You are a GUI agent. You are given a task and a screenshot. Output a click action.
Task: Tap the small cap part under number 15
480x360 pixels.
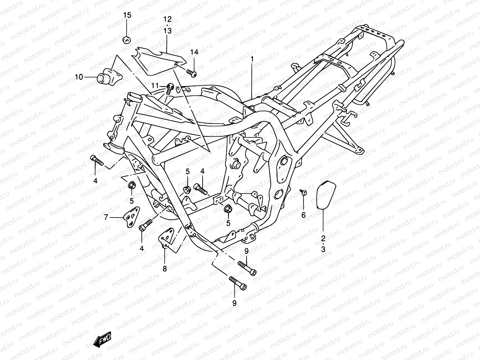127,39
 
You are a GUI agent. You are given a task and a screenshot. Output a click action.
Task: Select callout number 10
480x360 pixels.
79,77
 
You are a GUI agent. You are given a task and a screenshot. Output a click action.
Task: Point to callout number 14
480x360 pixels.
202,52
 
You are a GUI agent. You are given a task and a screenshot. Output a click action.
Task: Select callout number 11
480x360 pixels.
154,86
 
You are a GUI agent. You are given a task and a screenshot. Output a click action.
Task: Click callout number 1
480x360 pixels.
252,59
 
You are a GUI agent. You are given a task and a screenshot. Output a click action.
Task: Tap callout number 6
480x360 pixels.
303,215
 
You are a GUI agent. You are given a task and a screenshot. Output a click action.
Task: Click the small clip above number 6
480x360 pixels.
303,192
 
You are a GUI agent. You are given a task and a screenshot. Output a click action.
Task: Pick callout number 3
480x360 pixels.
323,249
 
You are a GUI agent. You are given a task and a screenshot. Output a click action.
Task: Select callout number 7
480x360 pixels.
106,217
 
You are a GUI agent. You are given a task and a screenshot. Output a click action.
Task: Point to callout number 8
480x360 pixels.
164,269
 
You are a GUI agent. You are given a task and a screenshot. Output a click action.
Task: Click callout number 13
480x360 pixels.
167,31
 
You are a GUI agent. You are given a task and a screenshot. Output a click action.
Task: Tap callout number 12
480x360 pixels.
167,19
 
